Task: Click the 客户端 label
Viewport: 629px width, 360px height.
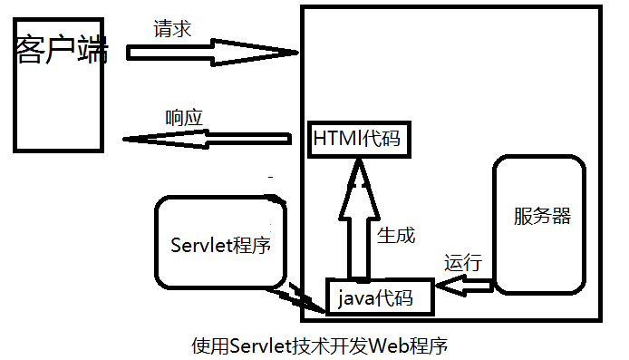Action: point(61,50)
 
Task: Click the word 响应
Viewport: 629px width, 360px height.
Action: point(184,118)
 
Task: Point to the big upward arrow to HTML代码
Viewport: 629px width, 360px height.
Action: point(356,222)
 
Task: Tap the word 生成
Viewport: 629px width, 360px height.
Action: point(395,235)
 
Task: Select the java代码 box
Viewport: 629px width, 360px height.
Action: point(381,297)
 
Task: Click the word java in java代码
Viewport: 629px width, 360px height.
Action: point(357,297)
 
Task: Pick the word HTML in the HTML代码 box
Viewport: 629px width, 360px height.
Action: point(336,140)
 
